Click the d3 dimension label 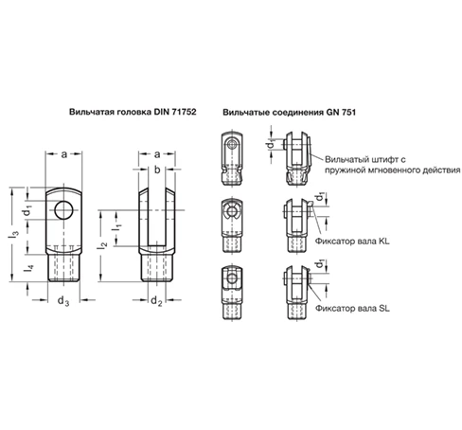pos(62,301)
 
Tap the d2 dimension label pos(156,301)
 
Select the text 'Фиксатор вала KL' pos(353,241)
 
